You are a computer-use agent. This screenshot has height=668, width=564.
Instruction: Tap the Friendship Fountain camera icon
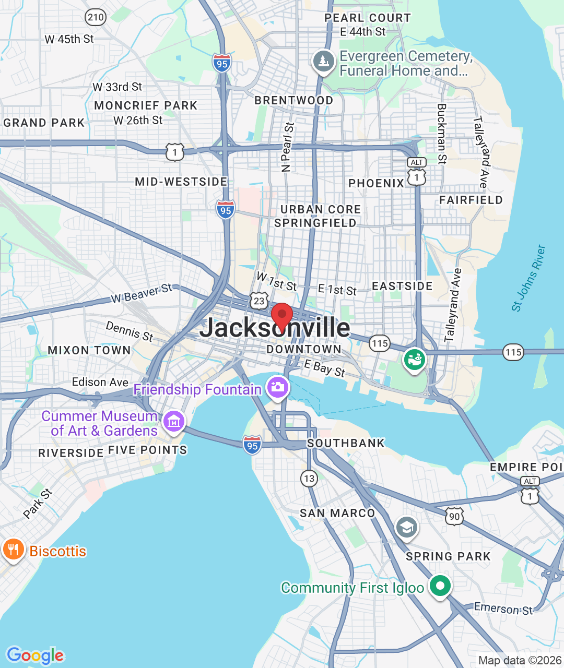[x=277, y=387]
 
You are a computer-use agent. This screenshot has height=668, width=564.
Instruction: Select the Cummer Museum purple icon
[x=174, y=421]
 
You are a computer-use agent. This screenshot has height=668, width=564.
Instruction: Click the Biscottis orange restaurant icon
[x=13, y=550]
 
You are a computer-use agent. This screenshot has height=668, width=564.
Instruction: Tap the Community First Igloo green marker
[x=440, y=586]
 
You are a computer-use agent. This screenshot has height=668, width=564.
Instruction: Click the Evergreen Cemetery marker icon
[x=323, y=61]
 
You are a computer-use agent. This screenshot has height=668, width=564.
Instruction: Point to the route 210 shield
[x=96, y=17]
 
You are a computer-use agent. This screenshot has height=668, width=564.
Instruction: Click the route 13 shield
[x=309, y=478]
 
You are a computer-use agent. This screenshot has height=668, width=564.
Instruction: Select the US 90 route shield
[x=454, y=517]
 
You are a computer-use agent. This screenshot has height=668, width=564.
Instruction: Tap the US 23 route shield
[x=259, y=301]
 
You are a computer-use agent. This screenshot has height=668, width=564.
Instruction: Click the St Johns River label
[x=528, y=279]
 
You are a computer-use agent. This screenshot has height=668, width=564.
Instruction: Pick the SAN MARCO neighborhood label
[x=337, y=514]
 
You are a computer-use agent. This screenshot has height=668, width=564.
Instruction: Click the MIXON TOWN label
[x=89, y=350]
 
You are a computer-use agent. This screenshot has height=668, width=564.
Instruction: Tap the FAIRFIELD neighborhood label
[x=471, y=200]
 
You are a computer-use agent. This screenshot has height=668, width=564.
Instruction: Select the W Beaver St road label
[x=142, y=293]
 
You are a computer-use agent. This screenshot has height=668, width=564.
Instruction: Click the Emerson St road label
[x=503, y=609]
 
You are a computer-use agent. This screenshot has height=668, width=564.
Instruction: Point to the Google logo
[x=35, y=655]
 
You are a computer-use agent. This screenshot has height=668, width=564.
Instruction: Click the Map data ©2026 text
[x=520, y=661]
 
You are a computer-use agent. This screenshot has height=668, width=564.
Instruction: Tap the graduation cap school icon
[x=406, y=528]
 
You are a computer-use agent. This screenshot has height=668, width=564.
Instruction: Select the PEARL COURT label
[x=367, y=18]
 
